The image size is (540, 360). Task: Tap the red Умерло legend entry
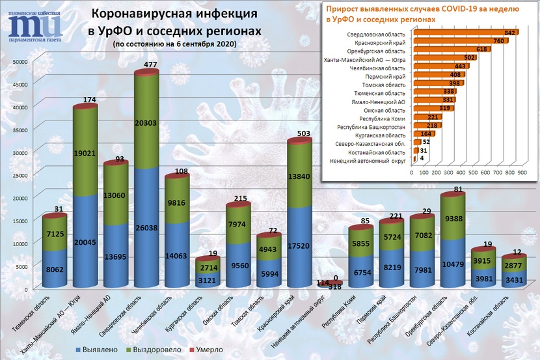click(x=205, y=350)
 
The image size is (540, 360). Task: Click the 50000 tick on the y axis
click(x=20, y=62)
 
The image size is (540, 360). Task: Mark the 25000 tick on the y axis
click(x=20, y=175)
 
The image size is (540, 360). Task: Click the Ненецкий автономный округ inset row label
click(x=368, y=159)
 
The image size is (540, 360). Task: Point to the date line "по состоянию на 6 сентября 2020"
click(x=174, y=44)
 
